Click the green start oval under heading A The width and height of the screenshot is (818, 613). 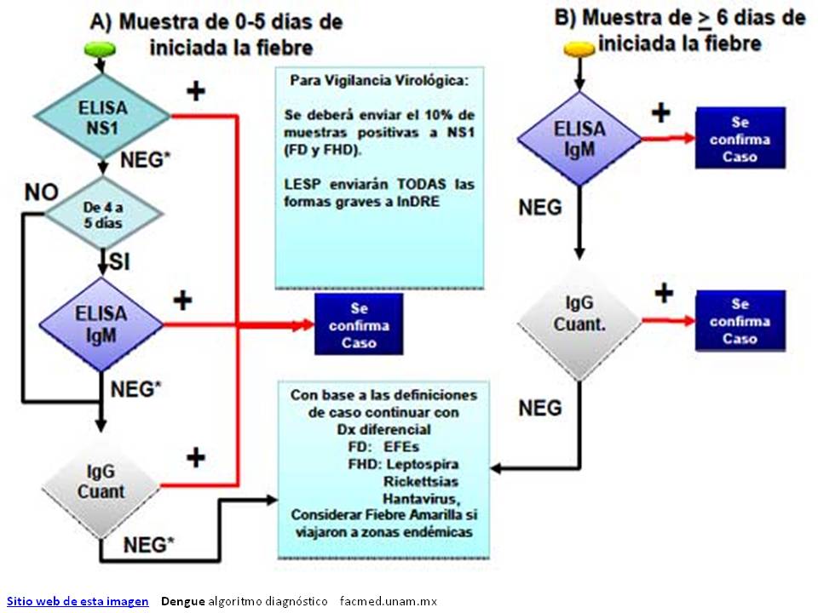click(x=101, y=49)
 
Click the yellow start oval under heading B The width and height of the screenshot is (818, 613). click(x=579, y=49)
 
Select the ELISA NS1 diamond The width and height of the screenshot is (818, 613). click(x=102, y=117)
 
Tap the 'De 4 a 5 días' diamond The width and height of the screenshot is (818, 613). click(x=103, y=213)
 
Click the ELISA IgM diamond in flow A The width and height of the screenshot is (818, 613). click(x=101, y=324)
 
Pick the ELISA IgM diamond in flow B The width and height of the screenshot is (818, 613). click(x=579, y=139)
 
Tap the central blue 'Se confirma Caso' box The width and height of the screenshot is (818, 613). click(x=359, y=324)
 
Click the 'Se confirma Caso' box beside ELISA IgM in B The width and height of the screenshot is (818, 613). click(x=740, y=138)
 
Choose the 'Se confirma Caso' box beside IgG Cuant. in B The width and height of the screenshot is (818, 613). click(x=740, y=321)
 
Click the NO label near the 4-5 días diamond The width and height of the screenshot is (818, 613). click(x=42, y=192)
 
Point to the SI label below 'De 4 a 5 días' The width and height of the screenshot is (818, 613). click(x=120, y=261)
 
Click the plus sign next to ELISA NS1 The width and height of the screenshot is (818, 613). click(x=196, y=92)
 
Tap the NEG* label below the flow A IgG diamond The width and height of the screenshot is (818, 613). click(x=148, y=545)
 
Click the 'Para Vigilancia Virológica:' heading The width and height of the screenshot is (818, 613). click(x=379, y=80)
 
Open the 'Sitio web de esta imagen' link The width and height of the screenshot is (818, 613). click(x=78, y=601)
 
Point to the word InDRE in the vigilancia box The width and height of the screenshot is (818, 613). click(x=418, y=201)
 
